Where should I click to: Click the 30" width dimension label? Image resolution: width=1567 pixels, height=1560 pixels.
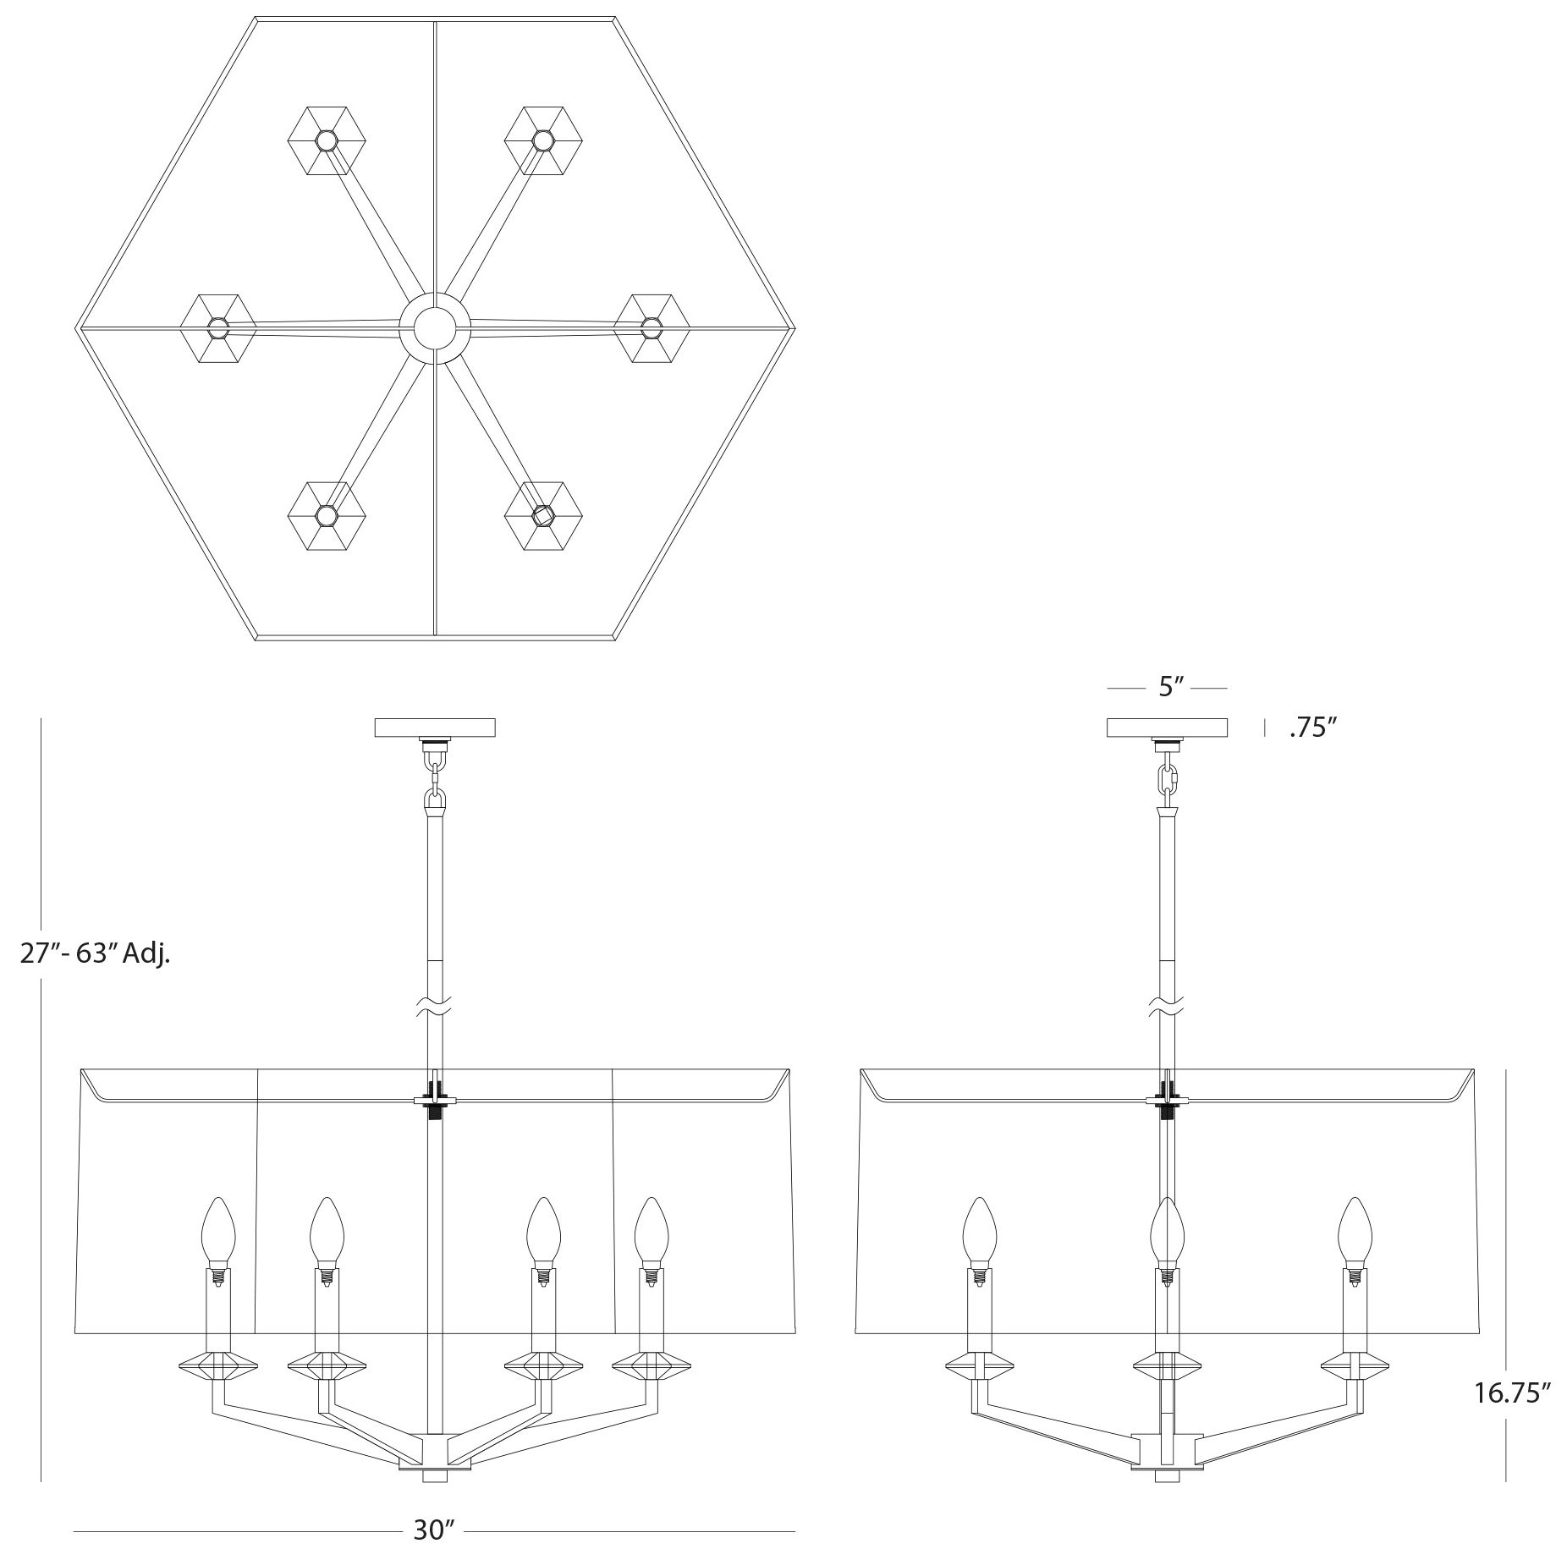click(x=434, y=1530)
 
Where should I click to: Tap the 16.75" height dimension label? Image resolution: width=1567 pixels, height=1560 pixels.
click(x=1512, y=1392)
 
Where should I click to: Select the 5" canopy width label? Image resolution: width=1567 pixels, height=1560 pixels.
click(x=1168, y=687)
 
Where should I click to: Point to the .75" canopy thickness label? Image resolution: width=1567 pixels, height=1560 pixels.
click(x=1312, y=728)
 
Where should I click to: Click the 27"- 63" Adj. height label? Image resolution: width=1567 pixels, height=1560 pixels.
click(x=95, y=953)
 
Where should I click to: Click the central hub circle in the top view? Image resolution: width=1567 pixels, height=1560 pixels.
click(x=434, y=328)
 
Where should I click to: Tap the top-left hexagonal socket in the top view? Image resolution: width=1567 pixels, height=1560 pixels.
click(x=326, y=140)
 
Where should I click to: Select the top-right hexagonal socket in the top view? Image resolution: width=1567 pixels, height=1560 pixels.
click(x=543, y=140)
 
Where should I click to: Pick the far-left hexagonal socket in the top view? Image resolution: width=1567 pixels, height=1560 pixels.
click(x=218, y=328)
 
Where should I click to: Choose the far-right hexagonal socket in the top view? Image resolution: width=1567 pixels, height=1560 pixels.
click(x=651, y=328)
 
